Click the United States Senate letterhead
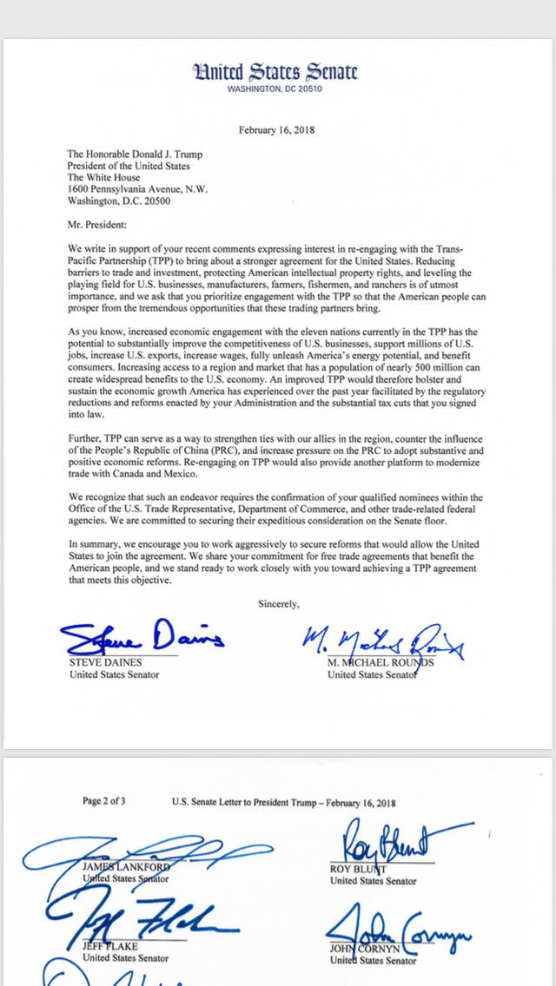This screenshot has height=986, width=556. [x=277, y=72]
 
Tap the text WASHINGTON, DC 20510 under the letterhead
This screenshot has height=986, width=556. [x=277, y=89]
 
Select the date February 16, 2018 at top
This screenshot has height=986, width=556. [x=277, y=130]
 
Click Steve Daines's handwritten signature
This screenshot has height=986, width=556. [x=142, y=639]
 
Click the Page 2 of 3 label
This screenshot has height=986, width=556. [x=104, y=801]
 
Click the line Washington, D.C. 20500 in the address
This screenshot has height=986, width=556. [x=118, y=200]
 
